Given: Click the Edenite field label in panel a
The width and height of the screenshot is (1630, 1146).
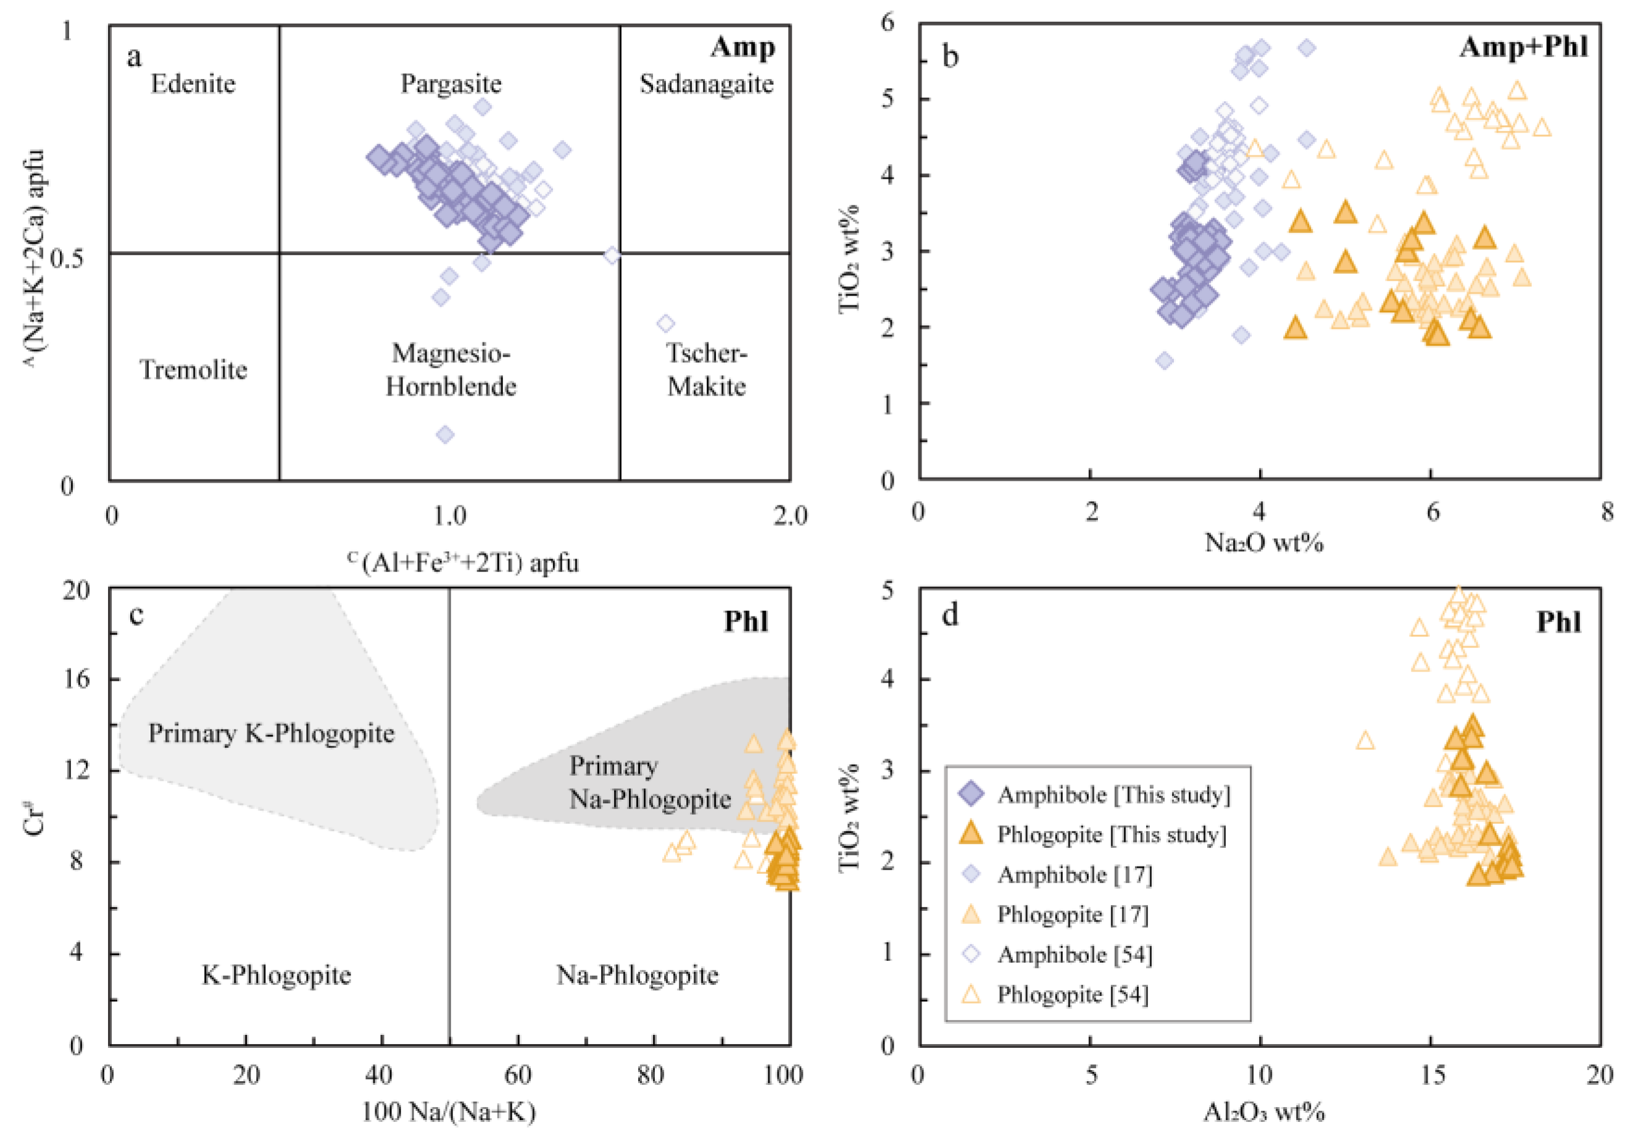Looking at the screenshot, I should click(x=193, y=84).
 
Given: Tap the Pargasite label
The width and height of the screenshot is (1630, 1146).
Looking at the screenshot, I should click(x=451, y=84).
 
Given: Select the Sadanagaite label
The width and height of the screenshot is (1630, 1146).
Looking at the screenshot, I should click(x=707, y=84).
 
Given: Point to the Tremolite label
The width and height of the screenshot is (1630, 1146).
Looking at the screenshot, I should click(x=193, y=369).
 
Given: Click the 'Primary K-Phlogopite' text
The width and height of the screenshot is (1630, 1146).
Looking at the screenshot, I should click(x=271, y=733).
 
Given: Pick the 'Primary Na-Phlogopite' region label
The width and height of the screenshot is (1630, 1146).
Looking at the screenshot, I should click(x=649, y=783).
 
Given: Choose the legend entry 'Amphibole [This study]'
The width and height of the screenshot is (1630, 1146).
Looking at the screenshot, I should click(x=1113, y=794).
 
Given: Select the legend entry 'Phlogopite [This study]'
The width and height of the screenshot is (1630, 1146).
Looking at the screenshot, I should click(x=1111, y=834).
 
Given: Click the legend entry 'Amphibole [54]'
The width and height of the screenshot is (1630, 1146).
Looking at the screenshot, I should click(x=1074, y=954).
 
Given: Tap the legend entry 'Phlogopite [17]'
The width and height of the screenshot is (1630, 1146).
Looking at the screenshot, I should click(x=1072, y=915).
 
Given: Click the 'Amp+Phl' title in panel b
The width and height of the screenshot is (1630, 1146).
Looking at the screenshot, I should click(x=1523, y=47).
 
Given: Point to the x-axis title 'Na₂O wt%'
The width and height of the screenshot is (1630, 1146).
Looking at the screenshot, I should click(x=1263, y=542).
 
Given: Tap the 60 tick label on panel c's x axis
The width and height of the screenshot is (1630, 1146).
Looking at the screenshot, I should click(x=518, y=1074).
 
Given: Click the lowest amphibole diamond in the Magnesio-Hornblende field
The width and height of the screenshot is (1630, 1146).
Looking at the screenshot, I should click(x=445, y=434).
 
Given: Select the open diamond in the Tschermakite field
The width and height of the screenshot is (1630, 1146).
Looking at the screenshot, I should click(x=665, y=324).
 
